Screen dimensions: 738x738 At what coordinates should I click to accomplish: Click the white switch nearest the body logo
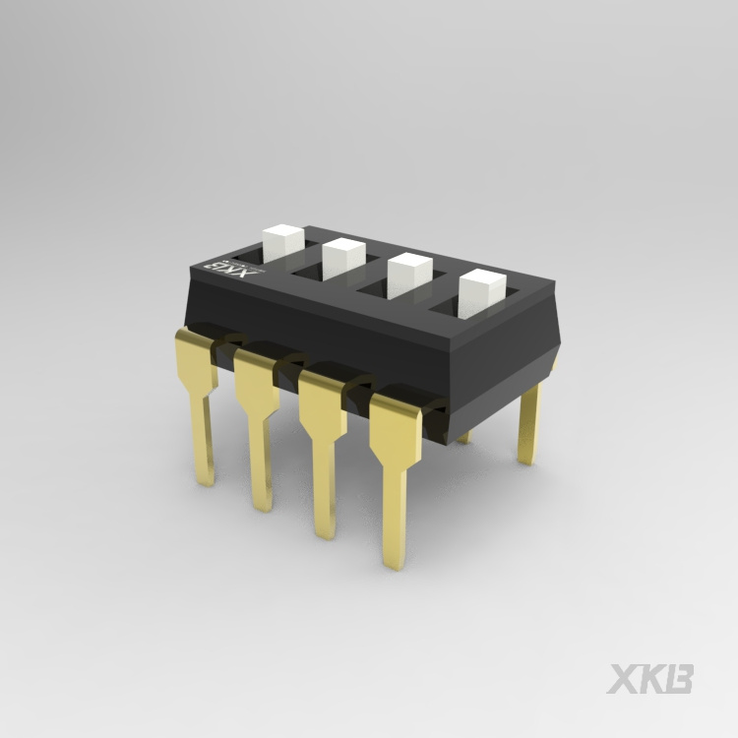click(282, 243)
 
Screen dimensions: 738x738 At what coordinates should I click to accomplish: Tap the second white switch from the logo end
click(344, 259)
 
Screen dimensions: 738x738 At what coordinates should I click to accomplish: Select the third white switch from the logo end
click(409, 276)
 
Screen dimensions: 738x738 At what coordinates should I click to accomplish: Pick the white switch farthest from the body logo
click(482, 293)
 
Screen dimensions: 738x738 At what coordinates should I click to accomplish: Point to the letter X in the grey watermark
click(624, 679)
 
